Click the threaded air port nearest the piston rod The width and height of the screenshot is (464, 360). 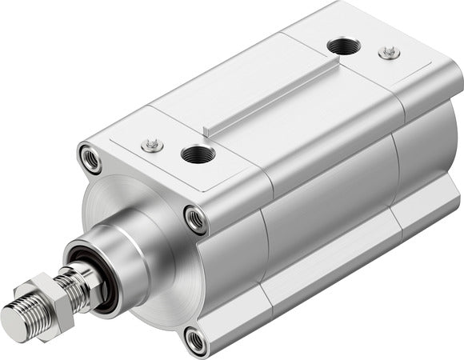194,154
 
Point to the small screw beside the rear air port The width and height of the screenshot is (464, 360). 390,52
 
